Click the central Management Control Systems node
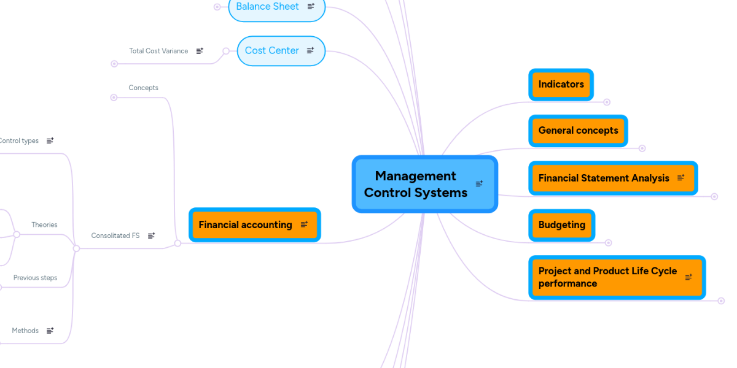coord(416,184)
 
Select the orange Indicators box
coord(561,85)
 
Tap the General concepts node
coord(578,131)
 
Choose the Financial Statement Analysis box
coord(604,178)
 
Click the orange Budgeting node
coord(561,225)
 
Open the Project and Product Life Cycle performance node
coord(607,277)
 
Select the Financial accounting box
coord(245,225)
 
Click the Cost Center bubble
coord(271,51)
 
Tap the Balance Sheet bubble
coord(267,7)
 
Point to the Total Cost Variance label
coord(158,51)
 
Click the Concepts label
coord(143,88)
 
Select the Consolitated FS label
coord(115,236)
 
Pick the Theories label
coord(44,225)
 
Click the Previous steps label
coord(35,278)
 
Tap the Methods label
coord(25,331)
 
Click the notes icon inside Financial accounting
coord(304,225)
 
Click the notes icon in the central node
coord(479,183)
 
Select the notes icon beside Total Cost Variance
coord(200,51)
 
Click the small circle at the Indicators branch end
coord(607,102)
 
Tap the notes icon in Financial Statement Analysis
coord(680,178)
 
